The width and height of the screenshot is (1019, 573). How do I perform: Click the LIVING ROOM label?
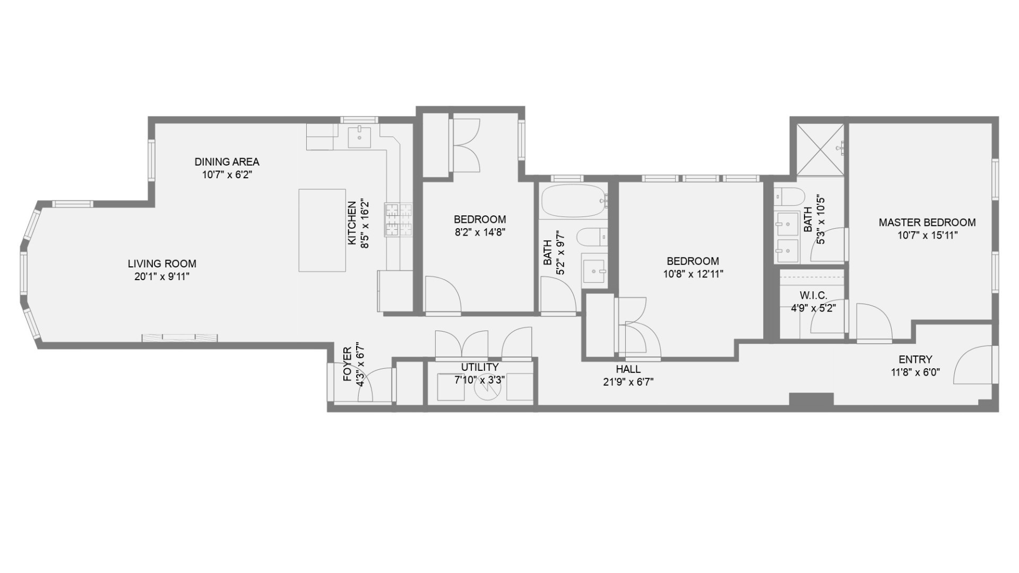tap(162, 264)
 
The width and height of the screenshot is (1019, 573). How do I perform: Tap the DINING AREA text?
tap(227, 162)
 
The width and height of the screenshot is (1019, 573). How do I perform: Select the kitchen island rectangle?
tap(322, 230)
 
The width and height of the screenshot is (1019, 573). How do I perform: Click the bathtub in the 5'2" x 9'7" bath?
tap(573, 201)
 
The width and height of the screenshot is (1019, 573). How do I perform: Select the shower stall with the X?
tap(820, 149)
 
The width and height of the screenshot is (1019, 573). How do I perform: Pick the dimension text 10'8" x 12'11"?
tap(693, 274)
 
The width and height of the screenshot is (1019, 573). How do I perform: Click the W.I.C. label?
tap(813, 296)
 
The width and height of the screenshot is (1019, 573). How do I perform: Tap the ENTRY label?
tap(915, 359)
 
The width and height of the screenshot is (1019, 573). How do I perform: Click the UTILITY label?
tap(479, 367)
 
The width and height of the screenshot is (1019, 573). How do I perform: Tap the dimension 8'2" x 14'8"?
tap(479, 232)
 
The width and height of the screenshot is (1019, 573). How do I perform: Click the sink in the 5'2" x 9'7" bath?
tap(594, 271)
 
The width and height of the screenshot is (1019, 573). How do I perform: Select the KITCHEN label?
tap(351, 223)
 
